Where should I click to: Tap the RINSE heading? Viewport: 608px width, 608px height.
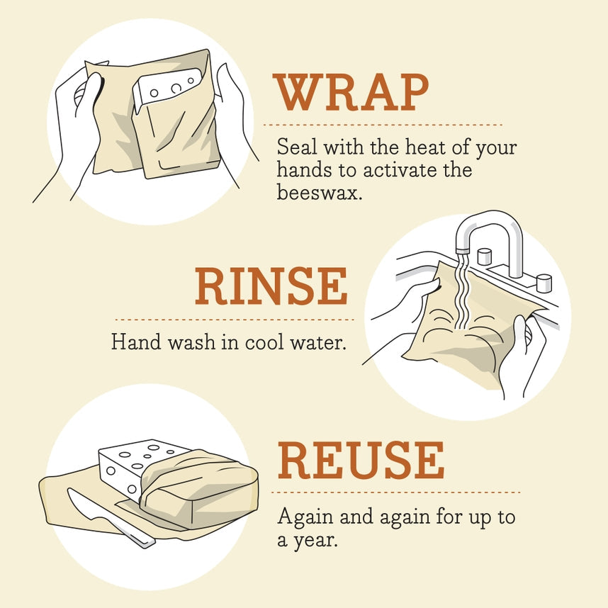point(271,287)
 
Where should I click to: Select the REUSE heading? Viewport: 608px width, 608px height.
point(361,460)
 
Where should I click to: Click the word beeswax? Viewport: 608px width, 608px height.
point(319,192)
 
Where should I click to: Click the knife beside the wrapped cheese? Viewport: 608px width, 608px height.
point(106,516)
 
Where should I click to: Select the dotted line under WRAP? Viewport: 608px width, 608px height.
point(383,125)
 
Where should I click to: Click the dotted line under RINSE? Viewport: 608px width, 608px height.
point(234,320)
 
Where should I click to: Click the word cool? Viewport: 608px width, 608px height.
point(264,342)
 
